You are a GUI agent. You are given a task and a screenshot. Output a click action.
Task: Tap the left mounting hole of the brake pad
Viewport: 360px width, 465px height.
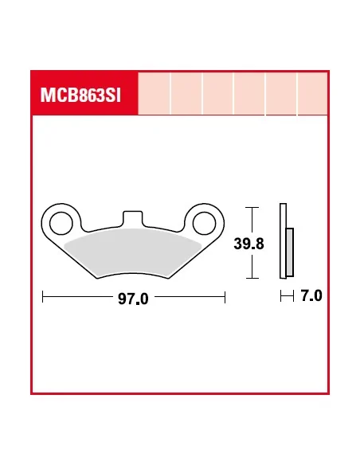[58, 221]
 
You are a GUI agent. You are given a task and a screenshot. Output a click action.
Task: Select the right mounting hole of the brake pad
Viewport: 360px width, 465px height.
[204, 221]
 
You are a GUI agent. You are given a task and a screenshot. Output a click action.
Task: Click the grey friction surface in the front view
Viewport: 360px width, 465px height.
[131, 253]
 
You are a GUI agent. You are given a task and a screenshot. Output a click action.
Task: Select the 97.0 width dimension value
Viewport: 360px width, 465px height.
[133, 299]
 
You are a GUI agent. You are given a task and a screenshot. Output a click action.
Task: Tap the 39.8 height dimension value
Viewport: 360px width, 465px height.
[248, 244]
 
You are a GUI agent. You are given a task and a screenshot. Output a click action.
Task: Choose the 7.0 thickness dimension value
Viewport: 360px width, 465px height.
[311, 297]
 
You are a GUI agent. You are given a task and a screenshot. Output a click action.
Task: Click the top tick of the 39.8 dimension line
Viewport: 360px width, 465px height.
[252, 208]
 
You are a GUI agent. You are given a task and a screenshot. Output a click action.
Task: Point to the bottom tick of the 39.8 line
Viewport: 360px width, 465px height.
[252, 278]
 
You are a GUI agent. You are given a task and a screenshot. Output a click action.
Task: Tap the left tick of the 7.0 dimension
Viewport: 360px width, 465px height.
[281, 297]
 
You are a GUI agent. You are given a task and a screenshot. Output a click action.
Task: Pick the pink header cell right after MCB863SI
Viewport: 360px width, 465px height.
[155, 95]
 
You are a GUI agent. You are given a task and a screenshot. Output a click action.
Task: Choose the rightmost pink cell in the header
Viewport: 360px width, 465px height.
[312, 95]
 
